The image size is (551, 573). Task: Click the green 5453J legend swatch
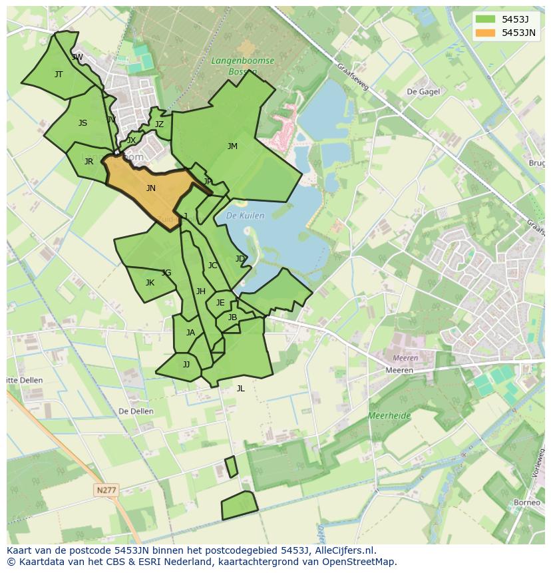pos(486,19)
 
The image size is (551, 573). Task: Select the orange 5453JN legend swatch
pos(486,33)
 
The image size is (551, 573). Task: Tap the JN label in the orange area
pos(151,188)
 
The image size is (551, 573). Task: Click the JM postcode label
pos(232,146)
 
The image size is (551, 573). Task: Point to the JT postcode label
pos(59,75)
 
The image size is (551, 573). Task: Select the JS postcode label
pos(83,123)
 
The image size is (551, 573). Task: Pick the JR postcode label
pos(89,162)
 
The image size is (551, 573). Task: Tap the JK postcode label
pos(150,283)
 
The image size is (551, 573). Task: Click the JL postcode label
pos(240,389)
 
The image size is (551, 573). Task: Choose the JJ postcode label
pos(186,365)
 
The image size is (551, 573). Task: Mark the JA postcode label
pos(190,333)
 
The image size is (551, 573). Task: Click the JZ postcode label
pos(159,124)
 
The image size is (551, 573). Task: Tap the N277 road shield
pos(106,490)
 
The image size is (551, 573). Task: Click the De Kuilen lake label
pos(245,216)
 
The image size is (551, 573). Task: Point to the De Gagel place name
pos(423,92)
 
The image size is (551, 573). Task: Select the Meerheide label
pos(389,416)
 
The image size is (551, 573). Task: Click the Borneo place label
pos(527,502)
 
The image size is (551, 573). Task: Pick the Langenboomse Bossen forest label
pos(234,65)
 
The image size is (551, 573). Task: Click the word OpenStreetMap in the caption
pos(359,562)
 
